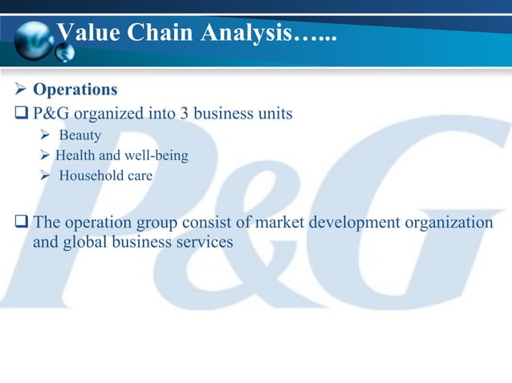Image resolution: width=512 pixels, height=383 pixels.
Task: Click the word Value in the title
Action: (x=85, y=34)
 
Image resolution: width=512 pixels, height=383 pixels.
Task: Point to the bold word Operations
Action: (x=75, y=89)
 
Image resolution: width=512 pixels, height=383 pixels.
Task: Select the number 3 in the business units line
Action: (x=184, y=113)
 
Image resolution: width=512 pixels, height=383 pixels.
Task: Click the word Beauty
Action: (x=79, y=135)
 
